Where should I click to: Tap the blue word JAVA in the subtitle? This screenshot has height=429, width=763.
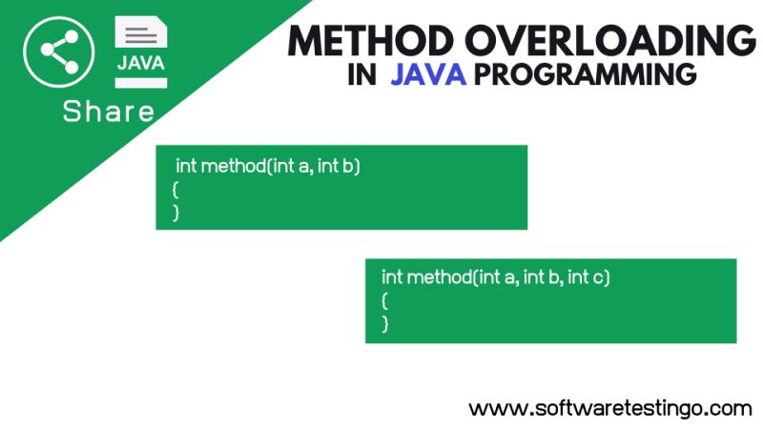pos(427,75)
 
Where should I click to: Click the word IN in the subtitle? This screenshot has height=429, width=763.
pos(361,75)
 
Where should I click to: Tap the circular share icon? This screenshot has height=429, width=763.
pos(58,51)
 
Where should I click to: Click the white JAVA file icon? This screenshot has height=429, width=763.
pos(140,52)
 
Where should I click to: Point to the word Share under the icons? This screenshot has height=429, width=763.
pos(108,112)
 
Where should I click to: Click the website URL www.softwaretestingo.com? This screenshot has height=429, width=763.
pos(610,408)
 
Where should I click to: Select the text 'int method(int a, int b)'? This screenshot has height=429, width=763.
pos(267,166)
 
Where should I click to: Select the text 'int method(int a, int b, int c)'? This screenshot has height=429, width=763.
pos(495,277)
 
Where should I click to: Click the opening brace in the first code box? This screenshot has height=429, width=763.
pos(176,189)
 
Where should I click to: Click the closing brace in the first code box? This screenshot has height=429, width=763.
pos(176,212)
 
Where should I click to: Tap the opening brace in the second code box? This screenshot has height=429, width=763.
pos(385,300)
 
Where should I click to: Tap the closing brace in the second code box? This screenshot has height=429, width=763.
pos(385,323)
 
